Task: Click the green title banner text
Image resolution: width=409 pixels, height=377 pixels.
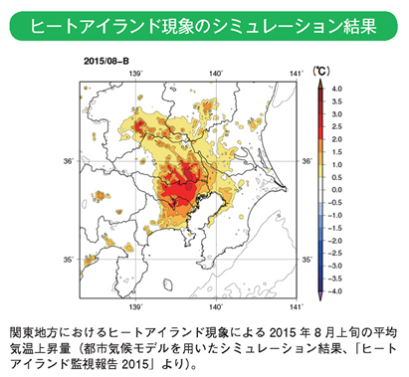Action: [x=204, y=25]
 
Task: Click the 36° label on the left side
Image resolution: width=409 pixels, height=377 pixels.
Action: [x=67, y=161]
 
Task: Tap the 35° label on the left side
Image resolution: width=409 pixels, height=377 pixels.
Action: [x=67, y=261]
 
